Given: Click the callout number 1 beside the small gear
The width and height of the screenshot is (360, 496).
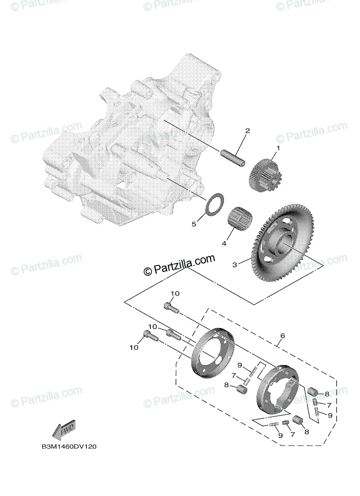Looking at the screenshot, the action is coord(278,148).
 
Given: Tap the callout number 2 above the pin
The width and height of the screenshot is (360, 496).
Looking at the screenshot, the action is coord(248,131).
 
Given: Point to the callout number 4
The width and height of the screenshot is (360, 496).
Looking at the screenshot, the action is coord(224,243).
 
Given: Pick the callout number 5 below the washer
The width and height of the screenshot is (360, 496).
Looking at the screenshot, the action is coord(193,224).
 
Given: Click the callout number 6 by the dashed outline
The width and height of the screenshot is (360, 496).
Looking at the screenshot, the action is coord(282,336).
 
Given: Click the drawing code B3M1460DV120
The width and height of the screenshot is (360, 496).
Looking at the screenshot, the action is coord(69,447).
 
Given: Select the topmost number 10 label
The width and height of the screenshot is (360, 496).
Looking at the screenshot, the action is coord(175,293).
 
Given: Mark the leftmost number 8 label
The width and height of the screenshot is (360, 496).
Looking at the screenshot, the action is coord(226,385).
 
